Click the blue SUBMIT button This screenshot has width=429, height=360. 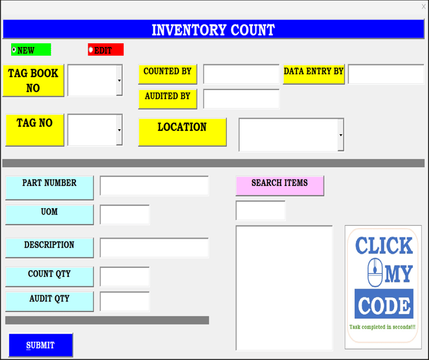(41, 345)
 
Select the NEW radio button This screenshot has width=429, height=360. (15, 50)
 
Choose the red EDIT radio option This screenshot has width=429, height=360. (91, 50)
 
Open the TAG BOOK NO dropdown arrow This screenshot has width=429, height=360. (119, 80)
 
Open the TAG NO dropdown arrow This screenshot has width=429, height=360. (119, 130)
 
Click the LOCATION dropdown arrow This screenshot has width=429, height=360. (341, 135)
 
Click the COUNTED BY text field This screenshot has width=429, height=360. (241, 74)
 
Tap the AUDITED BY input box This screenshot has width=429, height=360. (241, 98)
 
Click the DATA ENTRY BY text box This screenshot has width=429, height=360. (385, 74)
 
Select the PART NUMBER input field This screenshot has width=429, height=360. (154, 186)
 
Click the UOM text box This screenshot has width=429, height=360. (125, 215)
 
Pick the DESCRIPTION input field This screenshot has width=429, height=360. (154, 248)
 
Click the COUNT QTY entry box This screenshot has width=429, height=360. (125, 276)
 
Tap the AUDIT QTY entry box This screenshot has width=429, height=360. (125, 301)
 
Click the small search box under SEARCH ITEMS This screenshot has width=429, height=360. (260, 211)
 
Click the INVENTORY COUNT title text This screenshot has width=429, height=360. (213, 30)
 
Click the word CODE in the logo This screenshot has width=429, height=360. (384, 305)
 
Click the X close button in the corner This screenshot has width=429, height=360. (423, 6)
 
